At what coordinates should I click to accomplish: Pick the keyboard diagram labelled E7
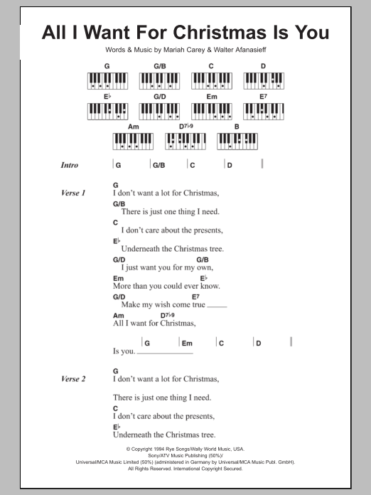(x=262, y=111)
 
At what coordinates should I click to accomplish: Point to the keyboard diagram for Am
(x=133, y=141)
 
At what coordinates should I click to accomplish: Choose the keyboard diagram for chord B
(x=236, y=141)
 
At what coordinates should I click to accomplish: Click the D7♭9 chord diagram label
(x=185, y=127)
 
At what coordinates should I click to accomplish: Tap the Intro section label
(x=70, y=165)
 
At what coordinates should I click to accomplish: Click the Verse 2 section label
(x=73, y=379)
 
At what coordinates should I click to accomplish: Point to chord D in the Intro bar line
(x=230, y=165)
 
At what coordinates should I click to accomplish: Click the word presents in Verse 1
(x=203, y=230)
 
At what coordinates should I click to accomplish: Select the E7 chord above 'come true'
(x=195, y=296)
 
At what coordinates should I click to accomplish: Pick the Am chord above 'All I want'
(x=117, y=314)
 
